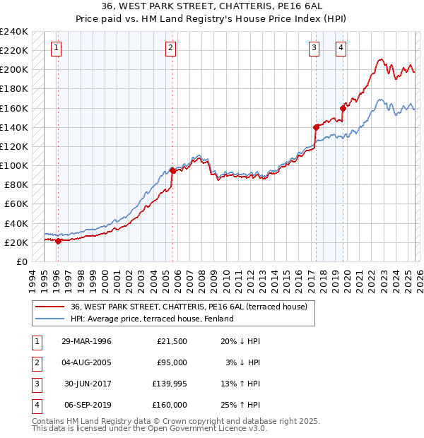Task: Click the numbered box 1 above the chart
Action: (56, 48)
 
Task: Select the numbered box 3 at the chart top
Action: (314, 48)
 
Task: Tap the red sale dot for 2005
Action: (172, 170)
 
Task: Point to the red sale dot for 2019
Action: (343, 108)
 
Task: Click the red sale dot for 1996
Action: (58, 241)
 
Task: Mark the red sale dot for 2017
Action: (316, 127)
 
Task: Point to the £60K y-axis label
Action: (16, 204)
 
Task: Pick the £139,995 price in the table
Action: (171, 384)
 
